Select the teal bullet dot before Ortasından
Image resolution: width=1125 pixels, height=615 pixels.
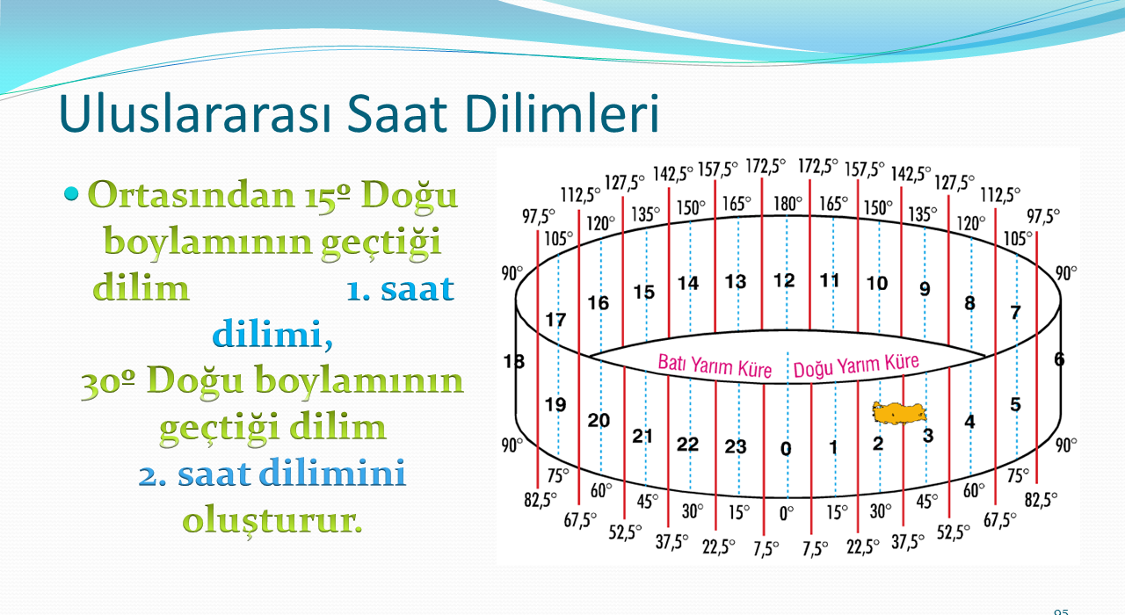pos(72,193)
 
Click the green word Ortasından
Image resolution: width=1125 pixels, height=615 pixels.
pos(191,194)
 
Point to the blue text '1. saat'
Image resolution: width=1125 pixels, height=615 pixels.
pos(400,289)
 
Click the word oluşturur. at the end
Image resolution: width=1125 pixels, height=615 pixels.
pos(272,521)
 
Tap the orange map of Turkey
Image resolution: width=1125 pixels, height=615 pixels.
pos(899,414)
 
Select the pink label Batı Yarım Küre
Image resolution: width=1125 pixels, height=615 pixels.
pos(715,365)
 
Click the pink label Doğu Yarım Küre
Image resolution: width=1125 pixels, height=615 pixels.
pos(856,365)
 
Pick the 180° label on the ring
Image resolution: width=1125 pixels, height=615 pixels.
pos(787,204)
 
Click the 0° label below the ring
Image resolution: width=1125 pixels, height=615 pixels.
pos(787,514)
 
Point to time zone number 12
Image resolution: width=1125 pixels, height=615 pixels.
pos(784,280)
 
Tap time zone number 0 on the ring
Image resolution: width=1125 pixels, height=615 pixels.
pos(786,448)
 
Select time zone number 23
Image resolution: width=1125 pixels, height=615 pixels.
pos(736,446)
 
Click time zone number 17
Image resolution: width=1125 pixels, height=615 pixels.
pos(555,320)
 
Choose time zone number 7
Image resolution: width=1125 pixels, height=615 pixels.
pos(1015,312)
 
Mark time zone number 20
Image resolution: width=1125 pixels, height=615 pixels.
pos(599,420)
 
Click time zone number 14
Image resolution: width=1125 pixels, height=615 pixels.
pos(688,283)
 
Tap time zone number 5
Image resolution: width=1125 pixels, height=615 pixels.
pos(1015,404)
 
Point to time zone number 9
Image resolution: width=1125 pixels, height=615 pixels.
pos(925,289)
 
